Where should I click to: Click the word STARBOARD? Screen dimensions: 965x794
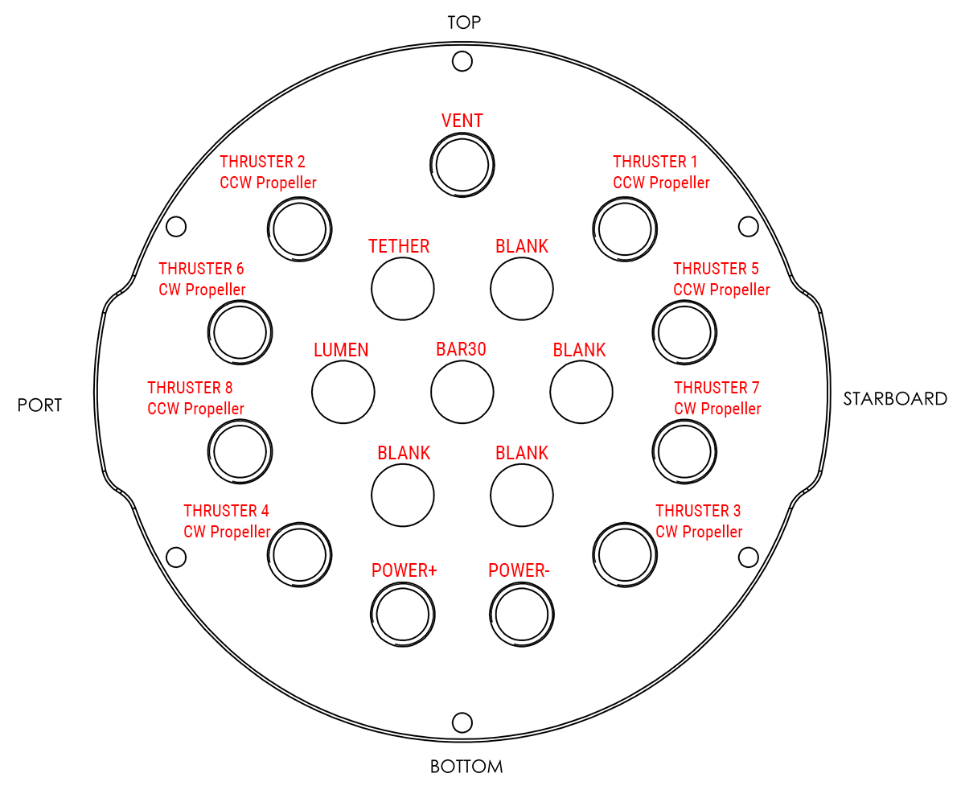coord(895,398)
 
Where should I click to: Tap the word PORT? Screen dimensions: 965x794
coord(39,405)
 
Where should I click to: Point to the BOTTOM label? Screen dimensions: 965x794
coord(466,767)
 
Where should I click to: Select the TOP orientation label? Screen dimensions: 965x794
coord(464,23)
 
